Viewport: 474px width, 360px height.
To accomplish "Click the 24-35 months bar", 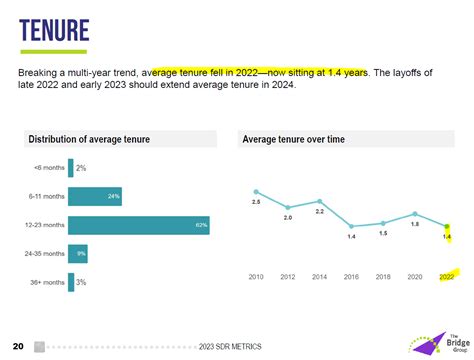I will (78, 254).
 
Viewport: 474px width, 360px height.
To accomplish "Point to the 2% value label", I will (81, 168).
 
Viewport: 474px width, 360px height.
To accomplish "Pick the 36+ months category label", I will (48, 283).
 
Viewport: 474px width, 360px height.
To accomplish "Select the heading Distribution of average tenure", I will (89, 139).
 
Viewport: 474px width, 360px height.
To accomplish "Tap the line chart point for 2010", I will (256, 191).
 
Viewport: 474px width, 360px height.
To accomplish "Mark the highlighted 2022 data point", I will (447, 227).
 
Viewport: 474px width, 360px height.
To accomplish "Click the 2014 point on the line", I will (320, 201).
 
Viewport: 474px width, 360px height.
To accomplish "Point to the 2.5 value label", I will (256, 203).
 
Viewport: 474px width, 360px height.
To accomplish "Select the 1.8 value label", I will (415, 224).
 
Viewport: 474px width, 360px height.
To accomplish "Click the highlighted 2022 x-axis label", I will (447, 277).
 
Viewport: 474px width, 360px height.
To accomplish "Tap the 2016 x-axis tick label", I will (351, 277).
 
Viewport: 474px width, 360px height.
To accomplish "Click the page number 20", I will (18, 345).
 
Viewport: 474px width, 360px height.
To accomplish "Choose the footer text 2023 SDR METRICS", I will (230, 346).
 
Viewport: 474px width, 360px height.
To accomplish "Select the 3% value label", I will (81, 283).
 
